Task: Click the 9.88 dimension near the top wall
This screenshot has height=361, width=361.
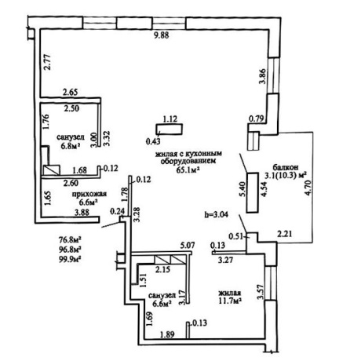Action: pyautogui.click(x=161, y=35)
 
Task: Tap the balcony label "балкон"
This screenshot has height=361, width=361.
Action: pyautogui.click(x=286, y=167)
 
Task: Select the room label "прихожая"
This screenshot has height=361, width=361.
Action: pyautogui.click(x=89, y=194)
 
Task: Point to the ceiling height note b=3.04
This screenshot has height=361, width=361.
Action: pyautogui.click(x=216, y=214)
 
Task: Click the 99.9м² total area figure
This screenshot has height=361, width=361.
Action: pyautogui.click(x=70, y=259)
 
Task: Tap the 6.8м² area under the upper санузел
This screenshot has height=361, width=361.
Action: pyautogui.click(x=71, y=146)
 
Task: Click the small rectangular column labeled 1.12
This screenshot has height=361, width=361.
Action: pyautogui.click(x=169, y=129)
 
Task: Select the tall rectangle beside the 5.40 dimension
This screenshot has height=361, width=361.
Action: pyautogui.click(x=252, y=192)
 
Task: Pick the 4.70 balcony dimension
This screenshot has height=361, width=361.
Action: pyautogui.click(x=308, y=187)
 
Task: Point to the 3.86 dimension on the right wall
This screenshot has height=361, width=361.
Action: pyautogui.click(x=262, y=76)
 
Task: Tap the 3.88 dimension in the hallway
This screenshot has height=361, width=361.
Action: pyautogui.click(x=82, y=212)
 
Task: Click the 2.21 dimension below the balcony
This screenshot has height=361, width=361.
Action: pyautogui.click(x=285, y=234)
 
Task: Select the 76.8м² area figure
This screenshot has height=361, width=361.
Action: pyautogui.click(x=70, y=240)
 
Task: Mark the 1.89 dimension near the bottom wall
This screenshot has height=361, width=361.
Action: pyautogui.click(x=167, y=334)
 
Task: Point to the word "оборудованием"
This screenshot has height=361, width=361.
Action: pyautogui.click(x=188, y=161)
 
